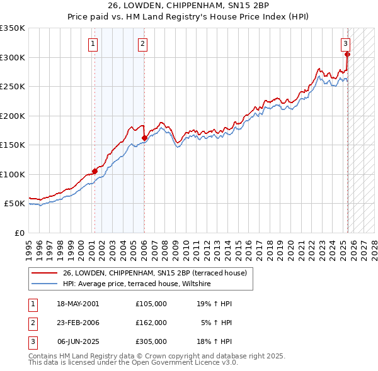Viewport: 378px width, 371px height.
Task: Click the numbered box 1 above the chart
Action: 93,43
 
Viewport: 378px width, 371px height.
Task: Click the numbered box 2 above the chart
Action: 143,43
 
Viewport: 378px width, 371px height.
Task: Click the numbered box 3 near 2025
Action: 346,43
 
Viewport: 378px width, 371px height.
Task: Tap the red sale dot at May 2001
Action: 94,171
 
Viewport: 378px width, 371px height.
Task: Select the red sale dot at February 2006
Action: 144,138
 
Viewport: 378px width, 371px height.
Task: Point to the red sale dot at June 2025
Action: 347,54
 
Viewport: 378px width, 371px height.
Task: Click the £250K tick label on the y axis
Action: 13,87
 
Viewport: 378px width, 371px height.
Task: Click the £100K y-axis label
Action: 13,175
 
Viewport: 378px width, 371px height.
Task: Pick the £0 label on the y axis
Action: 18,233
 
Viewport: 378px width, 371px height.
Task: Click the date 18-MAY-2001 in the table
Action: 78,304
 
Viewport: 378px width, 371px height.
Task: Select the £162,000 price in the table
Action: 151,323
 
